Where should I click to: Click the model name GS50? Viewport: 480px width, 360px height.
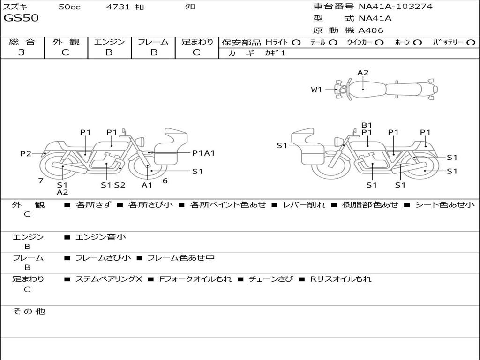[21, 18]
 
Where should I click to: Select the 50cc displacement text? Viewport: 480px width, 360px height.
[69, 7]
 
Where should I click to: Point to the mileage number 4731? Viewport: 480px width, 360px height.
[118, 7]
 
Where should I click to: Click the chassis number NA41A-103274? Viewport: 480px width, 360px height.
[395, 7]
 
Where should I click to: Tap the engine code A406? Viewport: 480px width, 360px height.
[371, 30]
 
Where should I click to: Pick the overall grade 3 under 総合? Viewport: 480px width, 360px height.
[22, 52]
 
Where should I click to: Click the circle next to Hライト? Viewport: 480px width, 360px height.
[296, 42]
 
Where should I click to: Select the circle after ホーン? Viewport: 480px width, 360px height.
[417, 42]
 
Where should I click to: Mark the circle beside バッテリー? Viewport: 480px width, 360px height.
[471, 42]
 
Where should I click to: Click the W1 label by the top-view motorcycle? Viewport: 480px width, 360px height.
[317, 90]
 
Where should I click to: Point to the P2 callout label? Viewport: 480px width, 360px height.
[26, 153]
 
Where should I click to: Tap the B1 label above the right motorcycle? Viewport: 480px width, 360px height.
[367, 125]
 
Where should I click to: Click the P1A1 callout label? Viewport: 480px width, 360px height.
[203, 153]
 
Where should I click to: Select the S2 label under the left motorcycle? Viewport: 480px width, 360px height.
[120, 185]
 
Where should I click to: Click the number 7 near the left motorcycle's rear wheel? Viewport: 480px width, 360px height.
[41, 180]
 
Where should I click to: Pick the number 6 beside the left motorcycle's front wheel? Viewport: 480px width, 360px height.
[165, 180]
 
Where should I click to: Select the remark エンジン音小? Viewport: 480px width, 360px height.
[100, 237]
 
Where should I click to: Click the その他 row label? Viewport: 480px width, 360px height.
[29, 311]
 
